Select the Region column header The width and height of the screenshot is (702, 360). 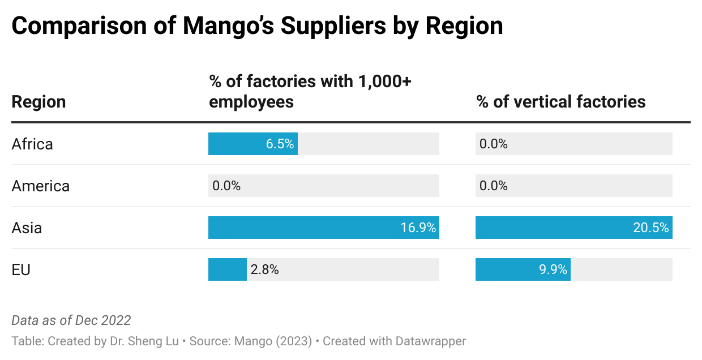coord(38,102)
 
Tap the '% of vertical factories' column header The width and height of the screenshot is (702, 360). coord(560,102)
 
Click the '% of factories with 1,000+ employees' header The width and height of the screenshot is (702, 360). coord(310,92)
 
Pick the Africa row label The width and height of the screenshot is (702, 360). coord(32,144)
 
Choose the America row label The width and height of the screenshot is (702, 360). coord(40,186)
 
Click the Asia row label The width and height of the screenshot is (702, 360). coord(27,228)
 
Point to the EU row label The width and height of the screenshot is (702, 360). coord(21,269)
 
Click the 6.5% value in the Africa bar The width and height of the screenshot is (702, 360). coord(280,144)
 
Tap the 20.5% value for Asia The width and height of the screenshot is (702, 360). coord(651,228)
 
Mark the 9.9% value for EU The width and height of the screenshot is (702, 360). coord(553,269)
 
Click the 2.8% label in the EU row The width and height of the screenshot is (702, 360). coord(265,269)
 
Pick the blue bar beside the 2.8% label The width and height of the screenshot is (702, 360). coord(227,269)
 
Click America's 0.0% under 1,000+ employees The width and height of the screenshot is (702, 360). coord(226,186)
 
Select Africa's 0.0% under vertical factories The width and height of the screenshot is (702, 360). coord(494,144)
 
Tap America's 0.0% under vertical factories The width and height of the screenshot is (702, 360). coord(494,186)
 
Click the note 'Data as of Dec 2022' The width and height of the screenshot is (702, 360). coord(71,320)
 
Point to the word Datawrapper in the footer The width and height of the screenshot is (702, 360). coord(431,341)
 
